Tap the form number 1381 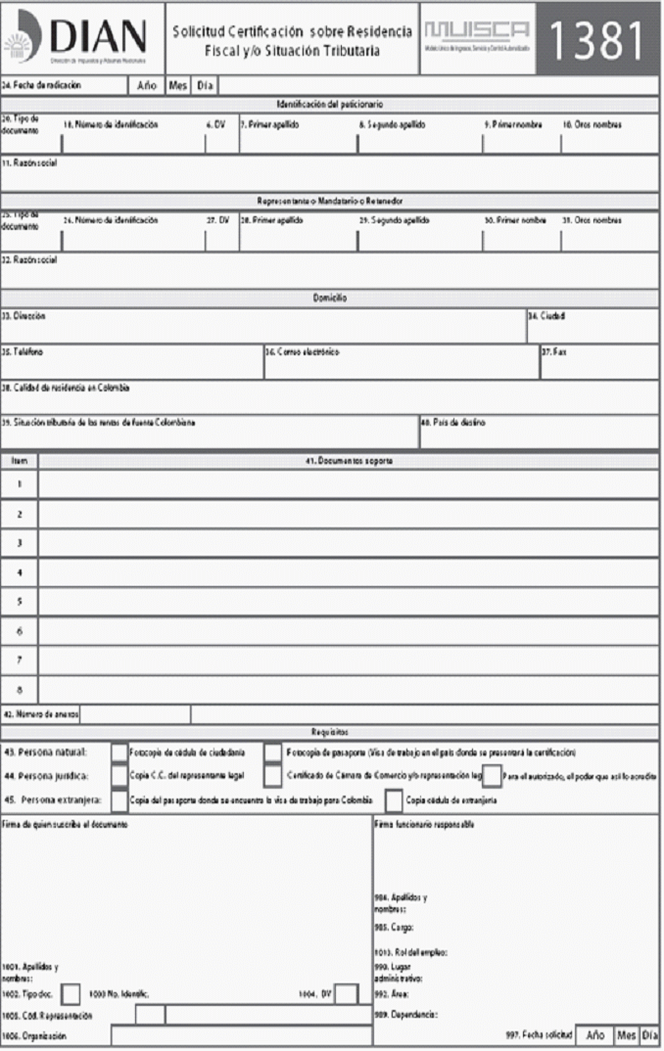tap(597, 38)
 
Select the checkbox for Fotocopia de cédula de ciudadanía tap(119, 753)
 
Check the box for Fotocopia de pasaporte tap(273, 753)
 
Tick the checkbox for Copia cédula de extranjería tap(393, 800)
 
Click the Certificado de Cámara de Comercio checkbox tap(273, 776)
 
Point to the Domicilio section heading tap(330, 297)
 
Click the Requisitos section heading tap(330, 730)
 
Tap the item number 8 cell tap(20, 688)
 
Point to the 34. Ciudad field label tap(546, 316)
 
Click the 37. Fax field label tap(554, 351)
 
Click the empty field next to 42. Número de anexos tap(136, 713)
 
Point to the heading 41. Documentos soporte tap(350, 460)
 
